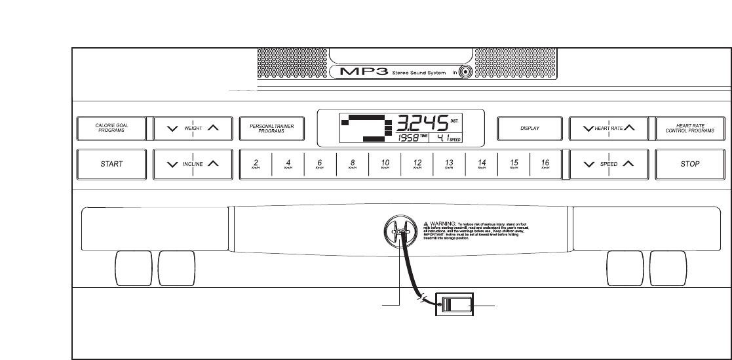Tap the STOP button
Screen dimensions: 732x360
click(689, 164)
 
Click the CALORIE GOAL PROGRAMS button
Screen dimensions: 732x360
click(109, 129)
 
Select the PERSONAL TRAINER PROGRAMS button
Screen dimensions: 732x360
click(271, 129)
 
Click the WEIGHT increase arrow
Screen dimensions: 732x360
click(213, 129)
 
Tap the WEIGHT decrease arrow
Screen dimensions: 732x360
click(172, 129)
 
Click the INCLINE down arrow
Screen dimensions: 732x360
click(172, 164)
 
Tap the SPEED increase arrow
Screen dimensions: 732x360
click(628, 164)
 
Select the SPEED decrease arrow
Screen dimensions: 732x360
click(588, 164)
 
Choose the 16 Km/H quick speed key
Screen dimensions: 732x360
click(545, 164)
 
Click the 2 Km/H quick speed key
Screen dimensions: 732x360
click(256, 164)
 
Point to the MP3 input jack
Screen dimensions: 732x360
click(466, 73)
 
